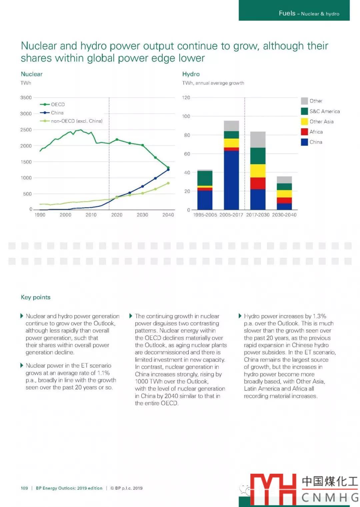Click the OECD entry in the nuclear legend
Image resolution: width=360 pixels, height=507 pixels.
click(57, 105)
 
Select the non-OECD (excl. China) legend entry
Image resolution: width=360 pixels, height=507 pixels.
click(76, 121)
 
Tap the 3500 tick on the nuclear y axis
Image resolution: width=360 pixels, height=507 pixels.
click(26, 98)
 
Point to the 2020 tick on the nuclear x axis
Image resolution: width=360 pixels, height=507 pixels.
click(117, 215)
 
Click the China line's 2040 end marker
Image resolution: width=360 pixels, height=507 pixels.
click(168, 170)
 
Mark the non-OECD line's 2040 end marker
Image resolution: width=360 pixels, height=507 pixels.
click(168, 183)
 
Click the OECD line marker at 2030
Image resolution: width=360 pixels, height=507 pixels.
click(142, 145)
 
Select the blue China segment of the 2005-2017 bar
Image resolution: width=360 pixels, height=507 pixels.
click(231, 180)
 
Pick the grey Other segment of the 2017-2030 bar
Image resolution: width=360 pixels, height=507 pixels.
click(258, 140)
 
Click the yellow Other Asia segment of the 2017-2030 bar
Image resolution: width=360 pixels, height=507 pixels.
click(258, 171)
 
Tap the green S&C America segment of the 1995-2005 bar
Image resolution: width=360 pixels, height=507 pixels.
click(205, 178)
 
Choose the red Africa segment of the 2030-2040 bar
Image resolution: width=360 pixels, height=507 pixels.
click(284, 200)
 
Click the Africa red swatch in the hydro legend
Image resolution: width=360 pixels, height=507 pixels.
click(304, 132)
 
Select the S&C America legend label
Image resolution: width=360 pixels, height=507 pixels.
click(324, 112)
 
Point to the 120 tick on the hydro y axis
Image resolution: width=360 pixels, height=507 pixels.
click(186, 98)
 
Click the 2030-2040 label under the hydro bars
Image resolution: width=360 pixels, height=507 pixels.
click(284, 215)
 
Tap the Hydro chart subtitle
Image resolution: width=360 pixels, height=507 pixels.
click(213, 83)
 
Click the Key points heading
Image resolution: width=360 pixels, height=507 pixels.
click(36, 297)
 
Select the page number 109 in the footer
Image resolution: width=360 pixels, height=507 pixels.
click(24, 488)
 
